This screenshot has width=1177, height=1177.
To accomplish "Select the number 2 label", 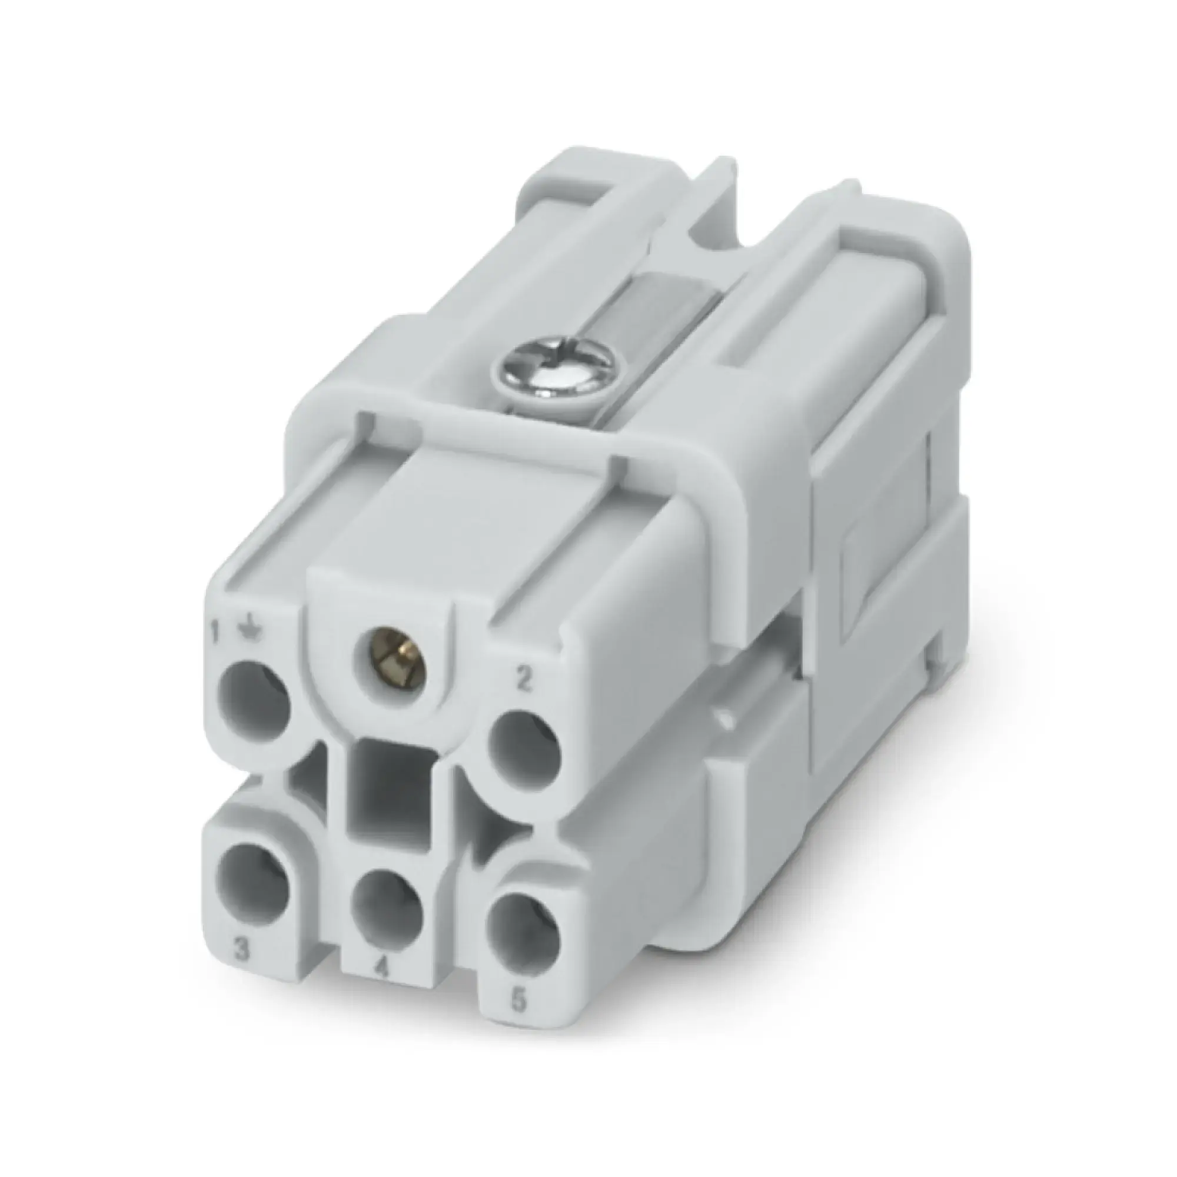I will (522, 680).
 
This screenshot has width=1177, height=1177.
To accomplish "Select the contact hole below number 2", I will (525, 750).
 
